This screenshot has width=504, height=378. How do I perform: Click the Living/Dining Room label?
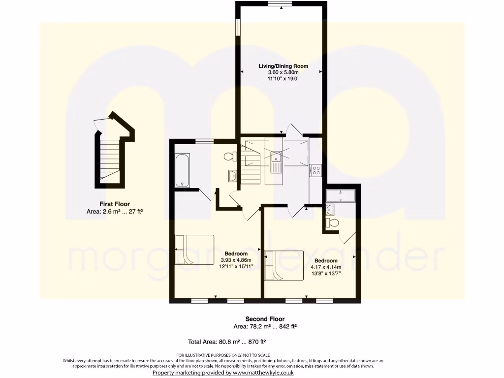(x=283, y=66)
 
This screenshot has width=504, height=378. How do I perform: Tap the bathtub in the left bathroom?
(x=182, y=170)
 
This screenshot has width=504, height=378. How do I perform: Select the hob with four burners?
(x=315, y=171)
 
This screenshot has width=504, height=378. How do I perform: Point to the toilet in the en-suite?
(x=333, y=223)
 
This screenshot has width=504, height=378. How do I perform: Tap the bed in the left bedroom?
(x=194, y=250)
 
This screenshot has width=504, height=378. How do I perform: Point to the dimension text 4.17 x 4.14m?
(x=325, y=267)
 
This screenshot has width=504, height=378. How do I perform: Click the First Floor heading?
(x=114, y=204)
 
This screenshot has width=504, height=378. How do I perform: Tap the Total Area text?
(x=227, y=342)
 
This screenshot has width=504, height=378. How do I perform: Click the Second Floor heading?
(x=265, y=319)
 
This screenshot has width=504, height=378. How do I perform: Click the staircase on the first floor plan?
(x=109, y=157)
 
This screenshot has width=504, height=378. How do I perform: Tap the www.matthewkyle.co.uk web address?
(x=263, y=373)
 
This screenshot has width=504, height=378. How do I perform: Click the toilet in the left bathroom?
(x=229, y=157)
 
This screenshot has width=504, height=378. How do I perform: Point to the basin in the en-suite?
(x=330, y=210)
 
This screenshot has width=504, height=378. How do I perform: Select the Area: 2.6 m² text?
(x=114, y=212)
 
